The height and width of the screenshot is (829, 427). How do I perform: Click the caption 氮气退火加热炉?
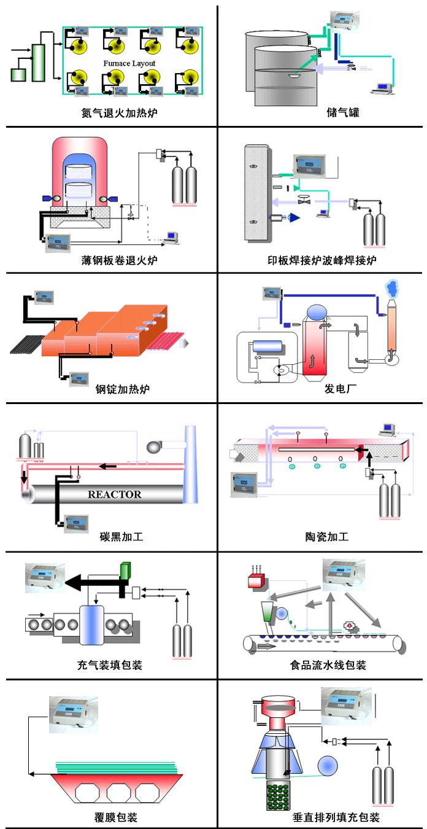point(115,114)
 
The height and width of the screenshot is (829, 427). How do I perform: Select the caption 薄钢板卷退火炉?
point(120,260)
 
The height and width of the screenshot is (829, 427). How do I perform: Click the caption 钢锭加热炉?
point(123,389)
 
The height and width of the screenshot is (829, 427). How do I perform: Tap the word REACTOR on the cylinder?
point(114,494)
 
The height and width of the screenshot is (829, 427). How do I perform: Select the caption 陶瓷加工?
point(327,537)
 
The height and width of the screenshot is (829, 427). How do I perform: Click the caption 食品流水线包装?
point(328,665)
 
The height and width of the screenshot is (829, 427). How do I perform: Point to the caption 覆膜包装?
point(112,817)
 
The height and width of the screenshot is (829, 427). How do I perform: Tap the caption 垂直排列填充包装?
point(336,817)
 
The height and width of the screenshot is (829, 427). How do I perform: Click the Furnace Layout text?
point(129,63)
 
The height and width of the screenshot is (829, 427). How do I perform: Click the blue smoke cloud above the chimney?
point(390,287)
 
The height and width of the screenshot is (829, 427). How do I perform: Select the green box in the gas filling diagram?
point(126,570)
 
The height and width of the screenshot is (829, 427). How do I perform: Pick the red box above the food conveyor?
point(255,581)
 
